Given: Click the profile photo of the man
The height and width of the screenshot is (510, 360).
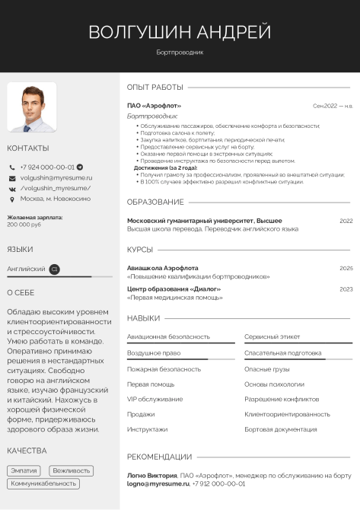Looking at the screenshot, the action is tap(32, 107).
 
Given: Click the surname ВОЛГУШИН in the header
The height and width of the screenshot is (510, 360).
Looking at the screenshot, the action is tap(140, 32).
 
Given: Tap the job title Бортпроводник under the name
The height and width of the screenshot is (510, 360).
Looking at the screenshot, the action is tap(180, 53).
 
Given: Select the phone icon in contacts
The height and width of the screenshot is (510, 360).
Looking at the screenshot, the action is tap(12, 167).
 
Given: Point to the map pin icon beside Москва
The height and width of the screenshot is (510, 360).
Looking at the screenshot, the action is tap(12, 199).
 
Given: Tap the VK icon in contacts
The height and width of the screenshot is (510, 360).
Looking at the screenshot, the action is tap(12, 188).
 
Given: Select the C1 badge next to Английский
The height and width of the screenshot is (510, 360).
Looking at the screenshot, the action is tap(54, 269).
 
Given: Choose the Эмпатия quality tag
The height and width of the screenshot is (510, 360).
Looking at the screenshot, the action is tap(24, 471).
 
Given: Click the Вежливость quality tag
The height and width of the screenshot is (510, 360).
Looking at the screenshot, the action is tap(72, 471).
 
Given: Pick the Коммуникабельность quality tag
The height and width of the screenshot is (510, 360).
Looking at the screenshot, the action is tap(44, 483).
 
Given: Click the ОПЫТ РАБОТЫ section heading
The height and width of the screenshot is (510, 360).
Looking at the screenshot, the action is tap(155, 87).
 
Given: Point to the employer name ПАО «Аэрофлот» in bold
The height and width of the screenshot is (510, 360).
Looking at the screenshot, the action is tap(154, 106).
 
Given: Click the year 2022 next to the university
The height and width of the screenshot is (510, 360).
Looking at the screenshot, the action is tap(346, 221).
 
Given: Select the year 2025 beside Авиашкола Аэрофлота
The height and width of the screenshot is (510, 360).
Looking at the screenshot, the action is tap(346, 268).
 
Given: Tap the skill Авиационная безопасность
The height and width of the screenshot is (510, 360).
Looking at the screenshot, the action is tap(168, 336).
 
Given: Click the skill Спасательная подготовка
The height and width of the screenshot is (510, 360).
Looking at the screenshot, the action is tap(282, 353).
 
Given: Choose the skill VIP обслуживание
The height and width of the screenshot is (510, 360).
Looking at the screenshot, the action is tap(155, 399).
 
